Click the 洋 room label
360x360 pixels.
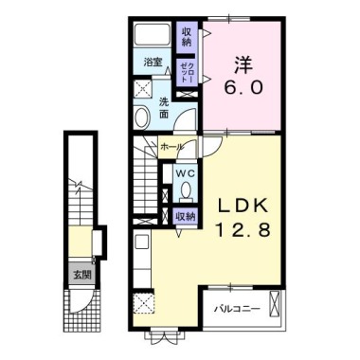coord(243,65)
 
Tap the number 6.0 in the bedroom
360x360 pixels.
coord(243,88)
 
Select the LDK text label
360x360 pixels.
coord(243,207)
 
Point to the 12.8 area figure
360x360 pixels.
coord(243,229)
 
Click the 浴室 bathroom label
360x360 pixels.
coord(153,62)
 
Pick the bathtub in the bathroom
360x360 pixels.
coord(153,34)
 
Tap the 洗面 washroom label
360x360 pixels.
coord(164,108)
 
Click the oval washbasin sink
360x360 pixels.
coord(142,117)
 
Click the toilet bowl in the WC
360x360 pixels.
coord(186,190)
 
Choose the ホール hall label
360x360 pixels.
coord(171,147)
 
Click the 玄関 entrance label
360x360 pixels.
coord(82,275)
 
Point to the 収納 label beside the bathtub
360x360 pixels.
coord(187,37)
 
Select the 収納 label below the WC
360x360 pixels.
coord(186,217)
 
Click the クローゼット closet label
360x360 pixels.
coord(186,72)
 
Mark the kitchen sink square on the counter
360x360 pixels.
coord(142,243)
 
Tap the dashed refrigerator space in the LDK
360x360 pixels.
coord(144,303)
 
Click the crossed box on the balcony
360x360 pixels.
coord(275,303)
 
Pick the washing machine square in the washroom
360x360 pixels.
coord(143,88)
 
